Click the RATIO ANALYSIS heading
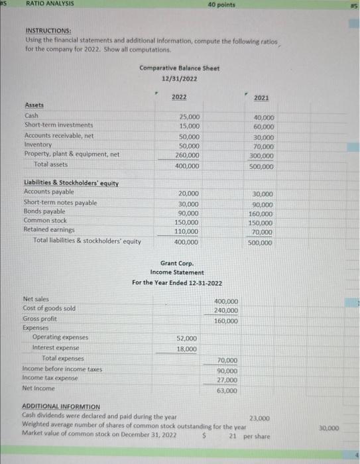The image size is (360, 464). click(50, 4)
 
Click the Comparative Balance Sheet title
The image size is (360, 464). click(179, 69)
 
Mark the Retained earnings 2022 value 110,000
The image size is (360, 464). click(186, 231)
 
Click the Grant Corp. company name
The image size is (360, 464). click(176, 263)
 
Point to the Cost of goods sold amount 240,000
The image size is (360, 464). click(226, 310)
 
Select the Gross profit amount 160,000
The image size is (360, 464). click(226, 321)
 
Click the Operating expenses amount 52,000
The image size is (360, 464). click(186, 338)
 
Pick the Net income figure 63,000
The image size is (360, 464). click(227, 391)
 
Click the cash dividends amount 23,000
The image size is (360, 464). click(259, 418)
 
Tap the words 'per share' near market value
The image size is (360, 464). click(258, 437)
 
